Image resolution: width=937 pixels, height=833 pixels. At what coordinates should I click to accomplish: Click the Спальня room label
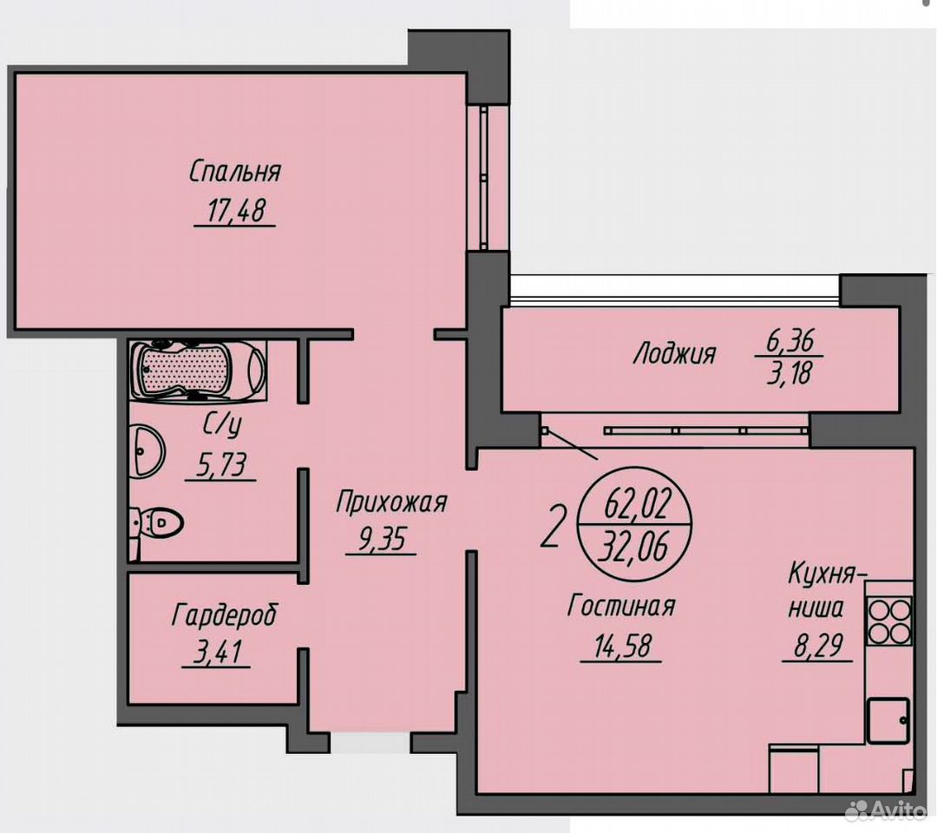coord(235,172)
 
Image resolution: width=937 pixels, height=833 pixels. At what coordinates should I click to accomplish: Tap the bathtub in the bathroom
coord(198,369)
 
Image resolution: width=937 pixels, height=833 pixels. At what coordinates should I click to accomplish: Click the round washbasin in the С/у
coord(146,451)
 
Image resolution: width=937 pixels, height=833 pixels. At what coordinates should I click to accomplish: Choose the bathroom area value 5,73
coord(221,465)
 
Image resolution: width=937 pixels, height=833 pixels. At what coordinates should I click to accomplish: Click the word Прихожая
coord(390,502)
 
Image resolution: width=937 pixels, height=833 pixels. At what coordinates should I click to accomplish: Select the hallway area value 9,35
coord(381,540)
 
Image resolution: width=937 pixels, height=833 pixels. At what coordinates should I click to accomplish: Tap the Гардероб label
coord(225,615)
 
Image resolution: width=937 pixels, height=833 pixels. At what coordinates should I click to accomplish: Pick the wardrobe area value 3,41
coord(217,652)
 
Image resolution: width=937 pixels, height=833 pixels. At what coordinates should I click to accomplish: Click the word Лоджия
coord(674,354)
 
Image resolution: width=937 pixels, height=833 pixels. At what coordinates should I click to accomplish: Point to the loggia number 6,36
coord(790,341)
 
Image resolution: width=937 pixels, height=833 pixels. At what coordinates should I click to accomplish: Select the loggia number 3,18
coord(790,374)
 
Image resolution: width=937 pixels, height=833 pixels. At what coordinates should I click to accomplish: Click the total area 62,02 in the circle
coord(639,504)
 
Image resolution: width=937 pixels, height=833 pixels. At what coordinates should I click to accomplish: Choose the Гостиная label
coord(621,606)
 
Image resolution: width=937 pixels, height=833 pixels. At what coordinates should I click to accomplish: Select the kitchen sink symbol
coord(888,721)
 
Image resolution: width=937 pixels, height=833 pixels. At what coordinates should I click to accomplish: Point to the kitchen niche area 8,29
coord(818,646)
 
